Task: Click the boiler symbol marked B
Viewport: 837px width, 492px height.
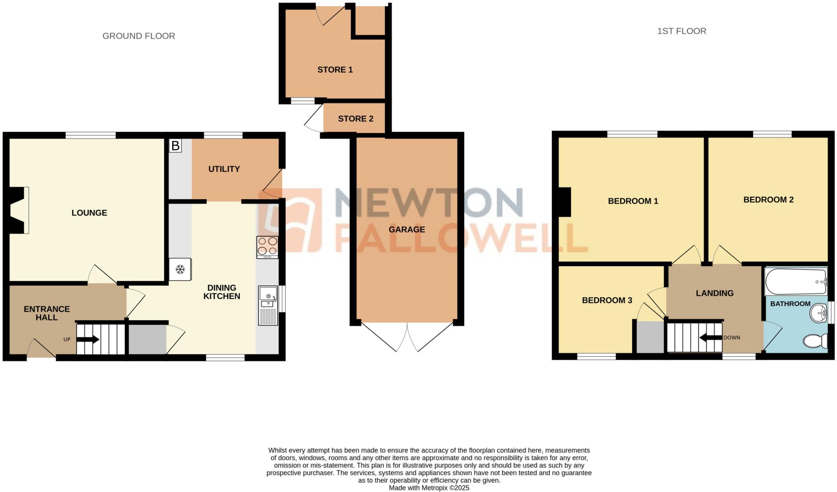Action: pyautogui.click(x=175, y=146)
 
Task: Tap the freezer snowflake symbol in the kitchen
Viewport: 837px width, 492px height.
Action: pyautogui.click(x=180, y=269)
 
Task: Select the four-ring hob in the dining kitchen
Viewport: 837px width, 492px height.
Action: pyautogui.click(x=268, y=247)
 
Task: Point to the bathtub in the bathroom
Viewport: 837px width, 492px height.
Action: pyautogui.click(x=795, y=281)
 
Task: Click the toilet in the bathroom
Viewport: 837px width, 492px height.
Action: pyautogui.click(x=815, y=341)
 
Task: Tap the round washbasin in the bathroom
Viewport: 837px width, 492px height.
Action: pyautogui.click(x=818, y=313)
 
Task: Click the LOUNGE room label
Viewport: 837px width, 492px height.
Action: pyautogui.click(x=89, y=213)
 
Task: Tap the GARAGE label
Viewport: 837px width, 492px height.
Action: pyautogui.click(x=407, y=229)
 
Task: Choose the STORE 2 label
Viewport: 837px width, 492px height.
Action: pyautogui.click(x=356, y=119)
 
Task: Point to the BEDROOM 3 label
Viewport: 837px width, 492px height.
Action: pyautogui.click(x=607, y=301)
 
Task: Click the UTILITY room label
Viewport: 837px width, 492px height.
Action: pyautogui.click(x=224, y=169)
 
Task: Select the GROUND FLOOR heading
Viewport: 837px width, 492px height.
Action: pyautogui.click(x=139, y=36)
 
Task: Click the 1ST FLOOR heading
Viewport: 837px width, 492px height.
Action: pyautogui.click(x=681, y=31)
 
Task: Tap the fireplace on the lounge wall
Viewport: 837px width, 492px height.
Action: pyautogui.click(x=18, y=210)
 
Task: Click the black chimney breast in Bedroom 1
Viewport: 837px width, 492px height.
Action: pyautogui.click(x=565, y=202)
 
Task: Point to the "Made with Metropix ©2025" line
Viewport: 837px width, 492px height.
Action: pyautogui.click(x=429, y=488)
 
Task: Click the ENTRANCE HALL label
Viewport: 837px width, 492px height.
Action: pyautogui.click(x=47, y=313)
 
